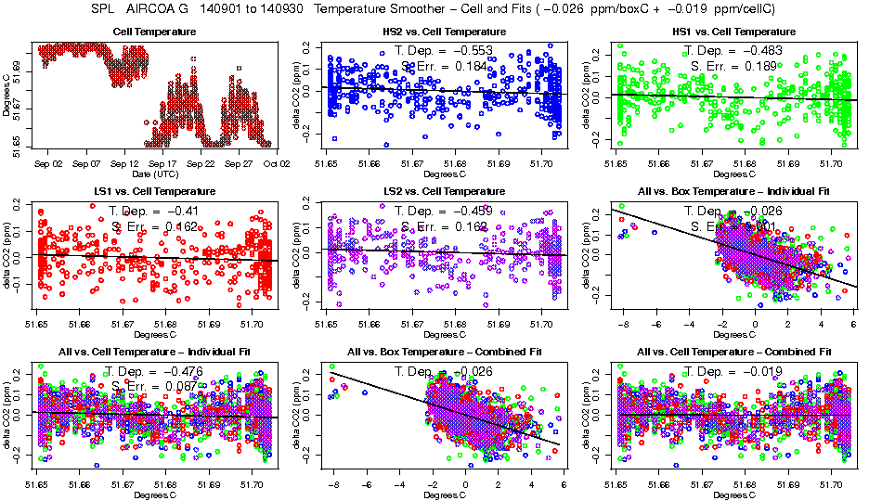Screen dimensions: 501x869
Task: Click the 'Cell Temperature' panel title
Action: pos(154,32)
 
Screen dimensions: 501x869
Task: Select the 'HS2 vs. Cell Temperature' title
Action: pos(445,32)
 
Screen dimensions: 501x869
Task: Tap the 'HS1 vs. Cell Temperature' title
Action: pos(733,32)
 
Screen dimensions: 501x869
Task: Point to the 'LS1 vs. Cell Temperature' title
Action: pos(154,192)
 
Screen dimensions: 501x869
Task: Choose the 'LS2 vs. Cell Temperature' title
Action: pos(445,192)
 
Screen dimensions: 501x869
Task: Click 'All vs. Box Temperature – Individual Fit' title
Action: pos(733,192)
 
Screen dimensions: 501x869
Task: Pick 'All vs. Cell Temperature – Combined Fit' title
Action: pos(733,353)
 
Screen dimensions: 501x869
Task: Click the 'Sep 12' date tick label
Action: pos(124,162)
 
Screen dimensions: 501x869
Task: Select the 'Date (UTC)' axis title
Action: pos(154,173)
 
